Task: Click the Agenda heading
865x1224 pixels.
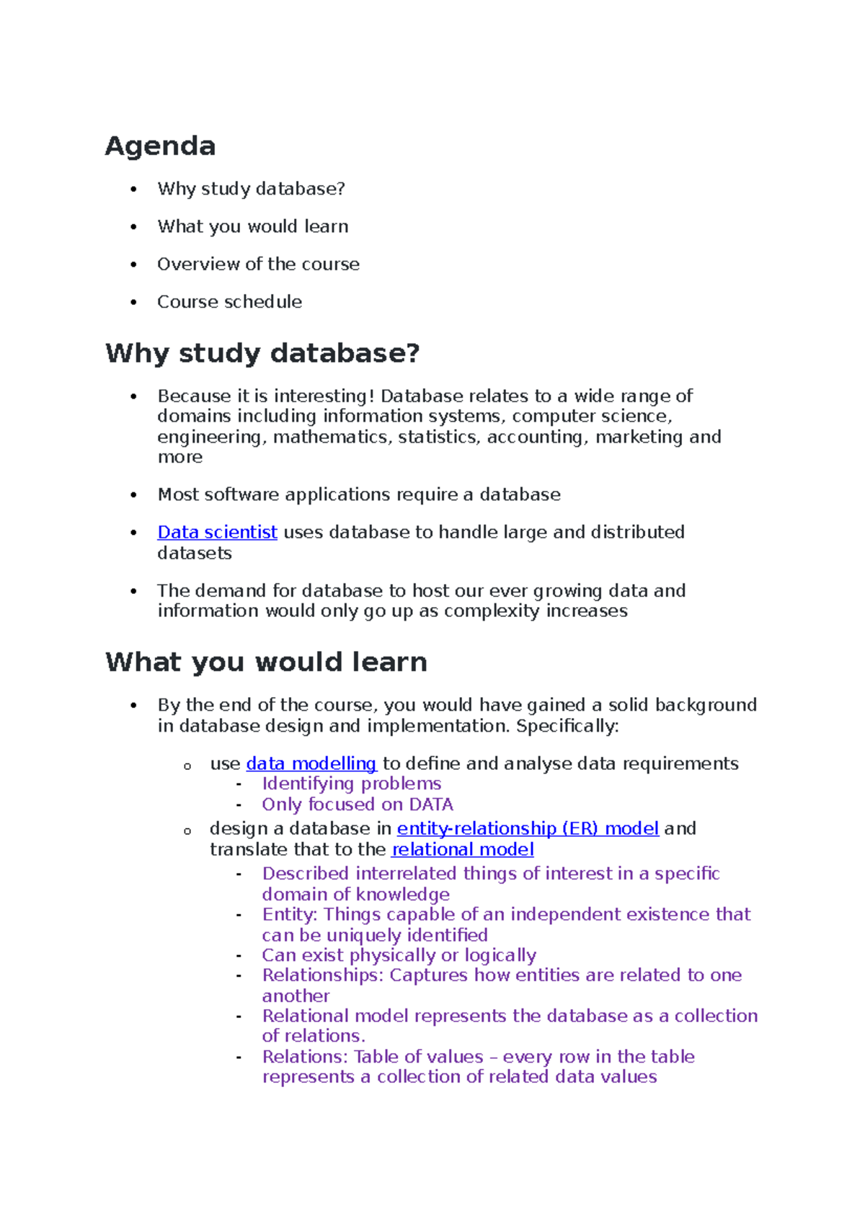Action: coord(160,146)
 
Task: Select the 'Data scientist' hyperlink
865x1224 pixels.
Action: coord(217,532)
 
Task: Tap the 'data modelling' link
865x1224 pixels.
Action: coord(311,763)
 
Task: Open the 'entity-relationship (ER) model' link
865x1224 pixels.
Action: coord(528,828)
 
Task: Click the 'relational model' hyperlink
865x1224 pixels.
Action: coord(462,849)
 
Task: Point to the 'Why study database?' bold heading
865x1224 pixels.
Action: coord(262,353)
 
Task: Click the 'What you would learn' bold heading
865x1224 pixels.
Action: coord(266,662)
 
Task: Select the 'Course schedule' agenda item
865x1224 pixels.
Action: coord(229,301)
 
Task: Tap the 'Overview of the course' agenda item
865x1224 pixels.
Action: coord(258,264)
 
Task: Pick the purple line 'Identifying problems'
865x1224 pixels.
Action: coord(351,784)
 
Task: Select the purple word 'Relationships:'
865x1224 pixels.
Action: coord(323,975)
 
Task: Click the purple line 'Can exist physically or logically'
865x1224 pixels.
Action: coord(399,955)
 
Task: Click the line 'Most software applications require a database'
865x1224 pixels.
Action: coord(358,495)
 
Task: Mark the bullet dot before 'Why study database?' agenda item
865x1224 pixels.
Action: coord(133,189)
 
